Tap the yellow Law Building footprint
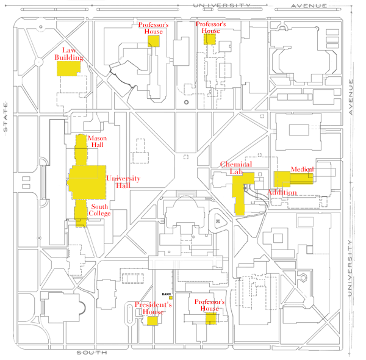[68, 68]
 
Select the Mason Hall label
[97, 142]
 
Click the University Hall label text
[124, 181]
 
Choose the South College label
[99, 210]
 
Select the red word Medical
[302, 169]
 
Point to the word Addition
[282, 192]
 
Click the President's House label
[153, 308]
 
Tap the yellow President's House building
[152, 320]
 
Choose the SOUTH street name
[92, 353]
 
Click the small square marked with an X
[218, 220]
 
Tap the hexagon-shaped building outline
[303, 278]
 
